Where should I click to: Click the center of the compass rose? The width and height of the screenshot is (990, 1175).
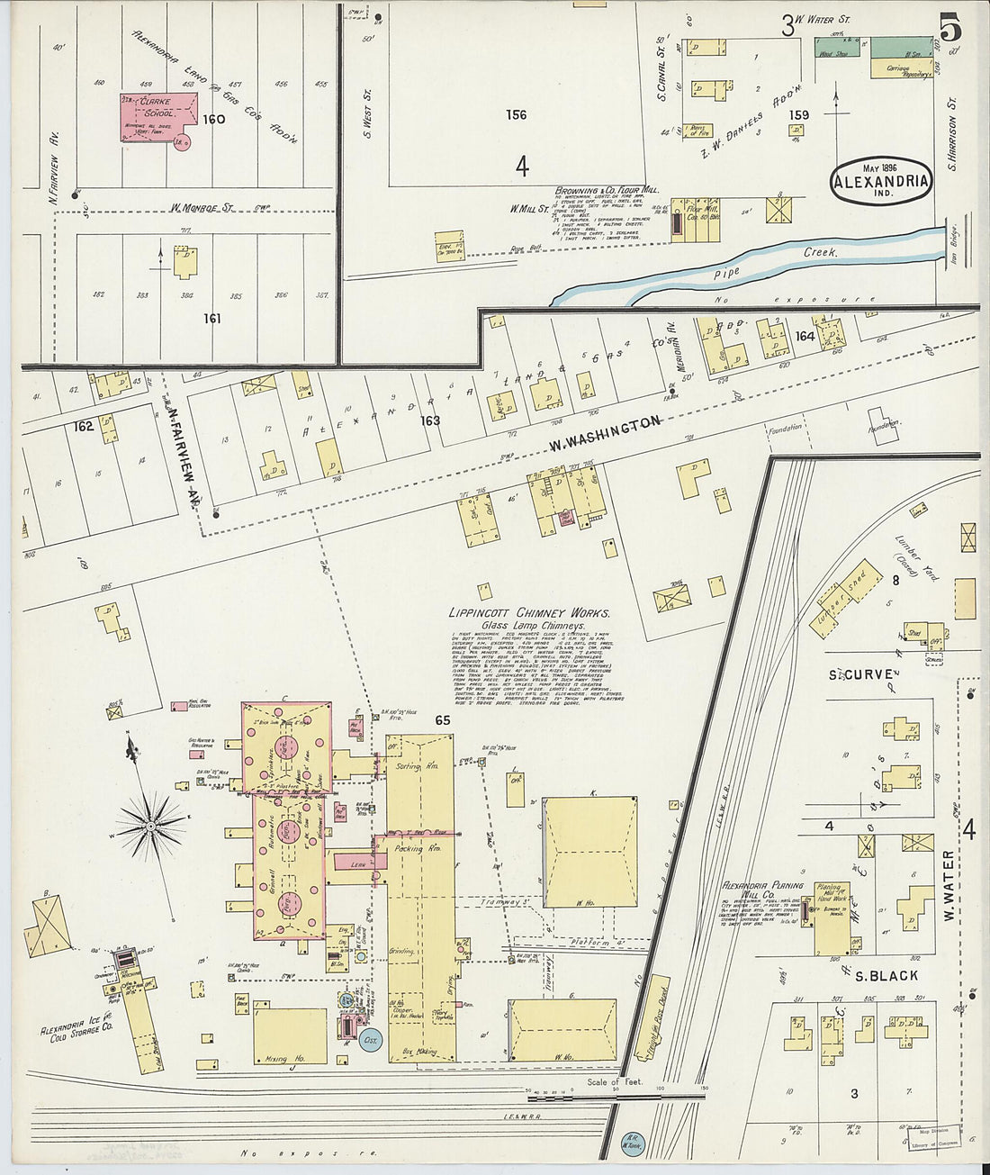tap(152, 825)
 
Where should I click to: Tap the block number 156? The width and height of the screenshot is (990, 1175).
tap(516, 115)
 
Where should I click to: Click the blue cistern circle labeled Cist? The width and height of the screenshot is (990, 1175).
tap(370, 1039)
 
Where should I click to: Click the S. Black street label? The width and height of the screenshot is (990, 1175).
tap(886, 975)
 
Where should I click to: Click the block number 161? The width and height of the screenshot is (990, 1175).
tap(211, 318)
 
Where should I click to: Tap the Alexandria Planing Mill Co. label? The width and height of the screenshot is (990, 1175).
tap(757, 891)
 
